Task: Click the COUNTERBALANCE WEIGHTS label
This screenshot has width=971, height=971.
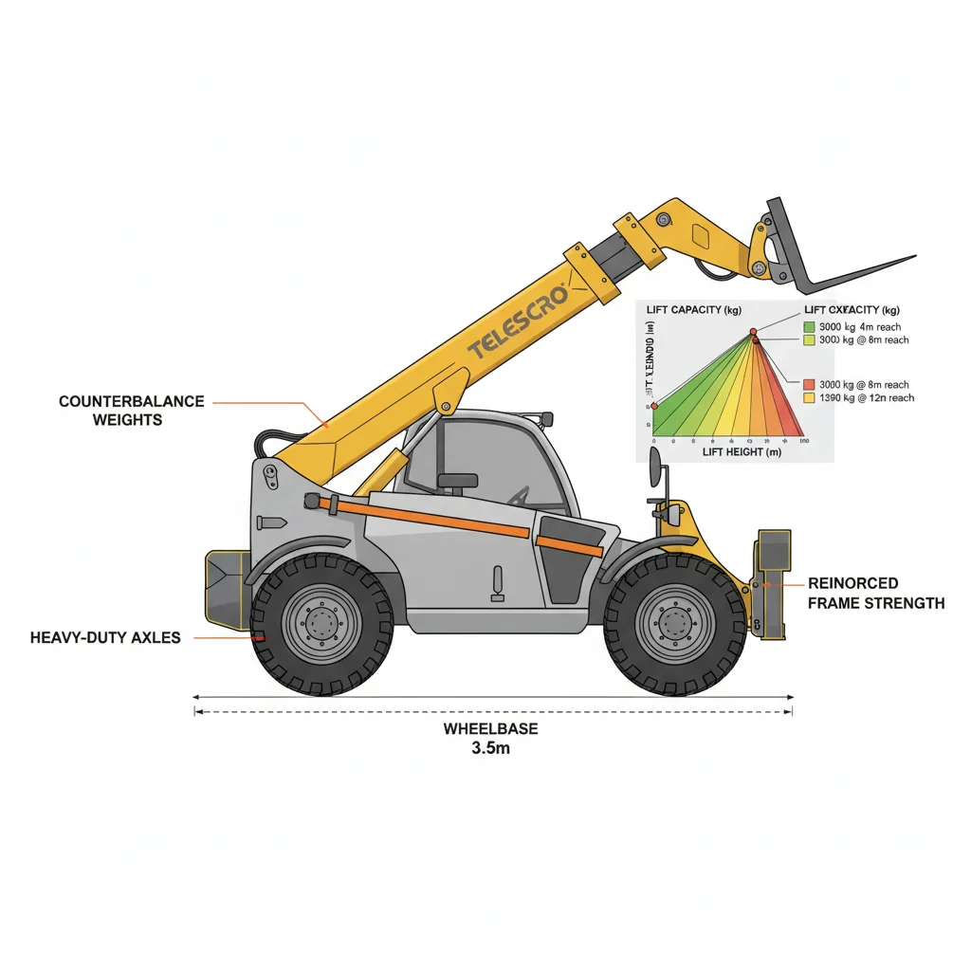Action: click(131, 410)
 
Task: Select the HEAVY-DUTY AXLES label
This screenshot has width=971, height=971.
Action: click(105, 637)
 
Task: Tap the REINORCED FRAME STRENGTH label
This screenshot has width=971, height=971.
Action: click(875, 593)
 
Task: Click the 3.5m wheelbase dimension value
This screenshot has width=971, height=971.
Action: click(490, 747)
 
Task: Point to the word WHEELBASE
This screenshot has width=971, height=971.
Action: click(490, 728)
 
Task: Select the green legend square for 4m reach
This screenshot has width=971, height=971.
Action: click(809, 326)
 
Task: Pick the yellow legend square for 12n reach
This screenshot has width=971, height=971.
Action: click(809, 398)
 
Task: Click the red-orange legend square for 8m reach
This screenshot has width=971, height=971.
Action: click(809, 384)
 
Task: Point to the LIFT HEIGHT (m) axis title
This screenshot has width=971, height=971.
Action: click(742, 453)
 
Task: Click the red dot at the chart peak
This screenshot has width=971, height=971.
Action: click(754, 331)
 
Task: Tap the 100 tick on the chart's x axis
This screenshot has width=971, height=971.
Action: click(803, 442)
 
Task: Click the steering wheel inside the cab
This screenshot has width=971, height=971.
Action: click(520, 495)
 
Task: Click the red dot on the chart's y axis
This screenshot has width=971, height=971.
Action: click(653, 406)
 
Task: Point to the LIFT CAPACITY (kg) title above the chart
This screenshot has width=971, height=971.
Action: click(692, 310)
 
